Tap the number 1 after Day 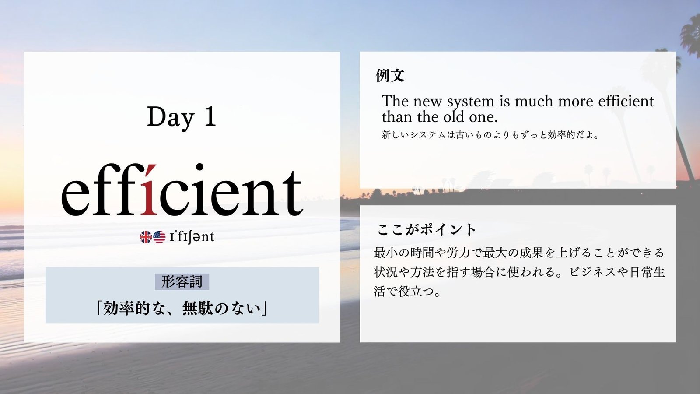tap(210, 116)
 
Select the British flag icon tap(146, 237)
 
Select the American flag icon tap(159, 237)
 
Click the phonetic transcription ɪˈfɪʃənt tap(192, 237)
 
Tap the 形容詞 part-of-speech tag tap(182, 282)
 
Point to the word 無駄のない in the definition tap(221, 308)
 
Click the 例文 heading tap(390, 75)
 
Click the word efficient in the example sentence tap(626, 101)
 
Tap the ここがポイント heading tap(426, 230)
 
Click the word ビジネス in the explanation tap(588, 272)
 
